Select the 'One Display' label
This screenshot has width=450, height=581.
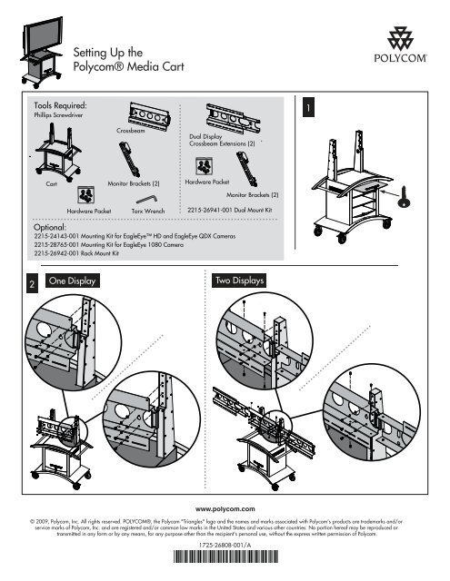point(75,281)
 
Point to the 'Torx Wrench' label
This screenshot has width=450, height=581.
point(146,210)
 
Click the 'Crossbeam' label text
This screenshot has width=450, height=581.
point(132,132)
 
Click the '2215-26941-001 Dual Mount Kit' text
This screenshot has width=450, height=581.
point(230,210)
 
